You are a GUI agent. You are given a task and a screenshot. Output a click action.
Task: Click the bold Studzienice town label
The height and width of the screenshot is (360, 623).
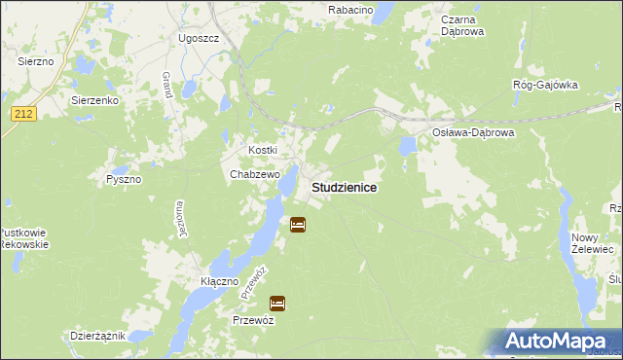[345, 186]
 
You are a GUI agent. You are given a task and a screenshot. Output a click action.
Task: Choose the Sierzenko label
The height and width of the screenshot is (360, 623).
[94, 100]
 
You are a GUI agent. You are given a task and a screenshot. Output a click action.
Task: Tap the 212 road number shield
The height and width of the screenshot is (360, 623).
[24, 114]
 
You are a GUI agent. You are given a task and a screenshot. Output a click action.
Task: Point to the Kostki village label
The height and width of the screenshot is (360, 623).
[263, 150]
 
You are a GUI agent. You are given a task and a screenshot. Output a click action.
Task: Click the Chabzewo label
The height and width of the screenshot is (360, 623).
[254, 175]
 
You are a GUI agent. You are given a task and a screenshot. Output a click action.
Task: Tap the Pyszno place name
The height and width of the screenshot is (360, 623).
[124, 180]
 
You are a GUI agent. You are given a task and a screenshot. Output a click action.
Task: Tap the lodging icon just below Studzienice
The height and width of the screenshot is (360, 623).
[298, 225]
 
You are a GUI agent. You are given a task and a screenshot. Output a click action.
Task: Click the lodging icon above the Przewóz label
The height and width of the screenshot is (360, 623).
[278, 303]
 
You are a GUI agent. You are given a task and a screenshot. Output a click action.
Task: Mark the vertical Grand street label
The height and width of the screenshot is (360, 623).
[167, 86]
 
